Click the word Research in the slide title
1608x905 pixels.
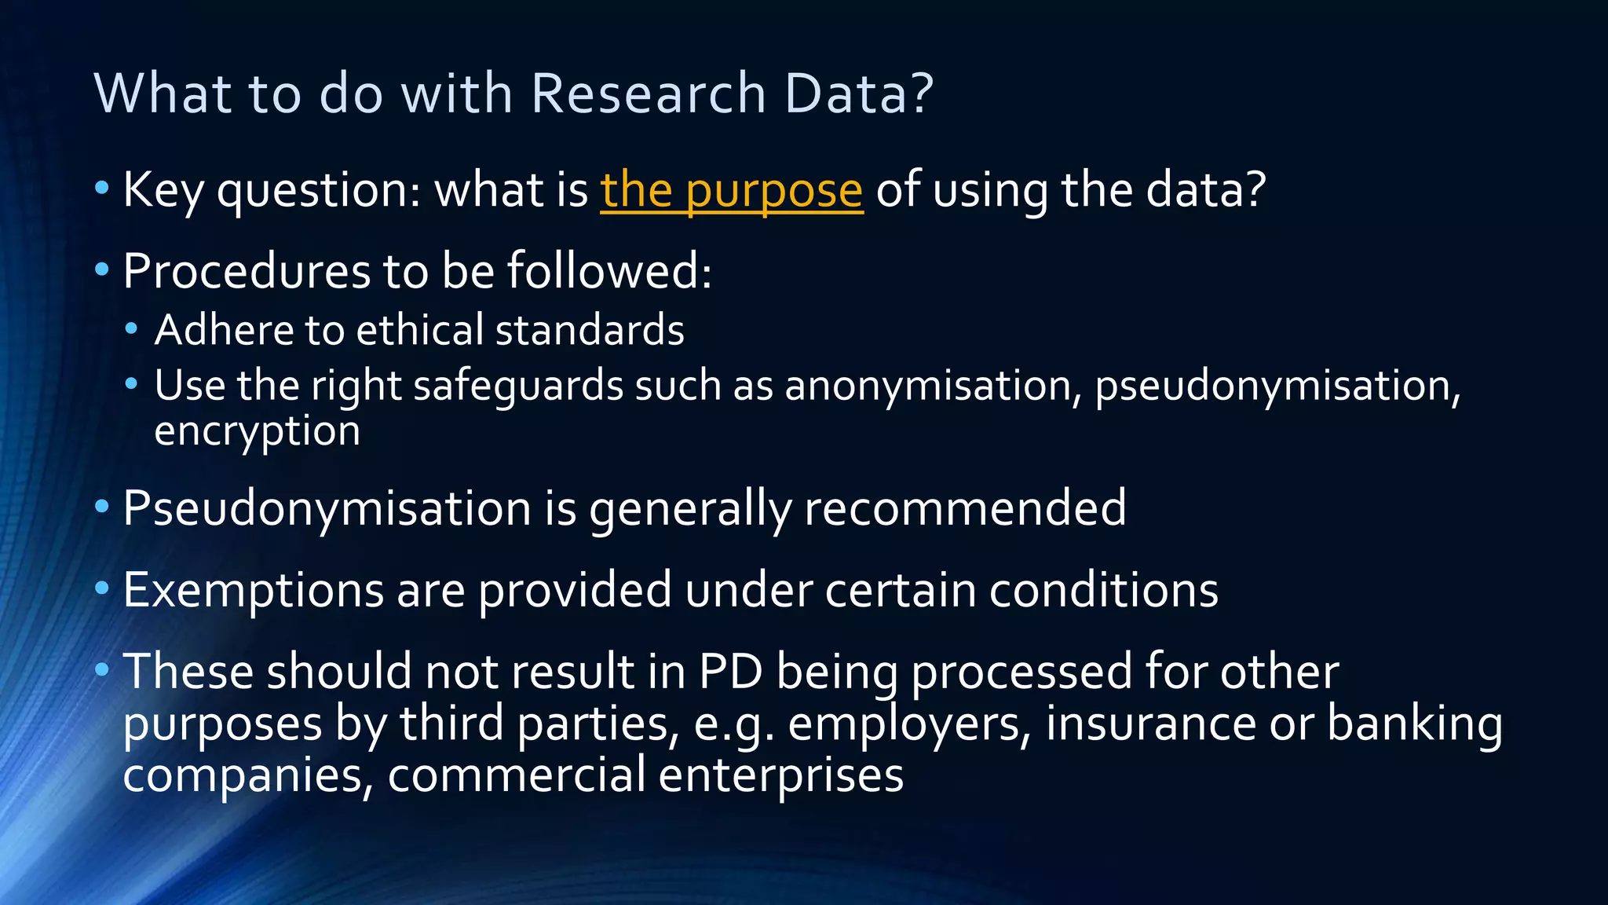[x=649, y=93]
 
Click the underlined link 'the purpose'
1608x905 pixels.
[x=731, y=190]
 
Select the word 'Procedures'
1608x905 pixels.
[x=246, y=271]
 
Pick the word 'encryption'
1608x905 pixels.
[x=257, y=431]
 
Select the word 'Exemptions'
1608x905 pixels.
[x=253, y=590]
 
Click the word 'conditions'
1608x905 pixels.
[x=1103, y=590]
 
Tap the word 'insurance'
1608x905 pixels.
[x=1150, y=724]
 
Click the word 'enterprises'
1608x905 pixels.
[x=780, y=775]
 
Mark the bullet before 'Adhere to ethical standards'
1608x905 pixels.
[x=131, y=328]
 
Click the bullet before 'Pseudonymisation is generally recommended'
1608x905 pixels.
[x=101, y=507]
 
